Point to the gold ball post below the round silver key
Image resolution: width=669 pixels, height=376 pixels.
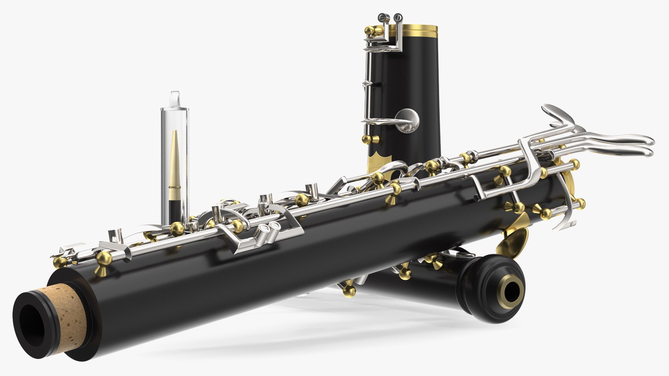[x=367, y=140]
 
